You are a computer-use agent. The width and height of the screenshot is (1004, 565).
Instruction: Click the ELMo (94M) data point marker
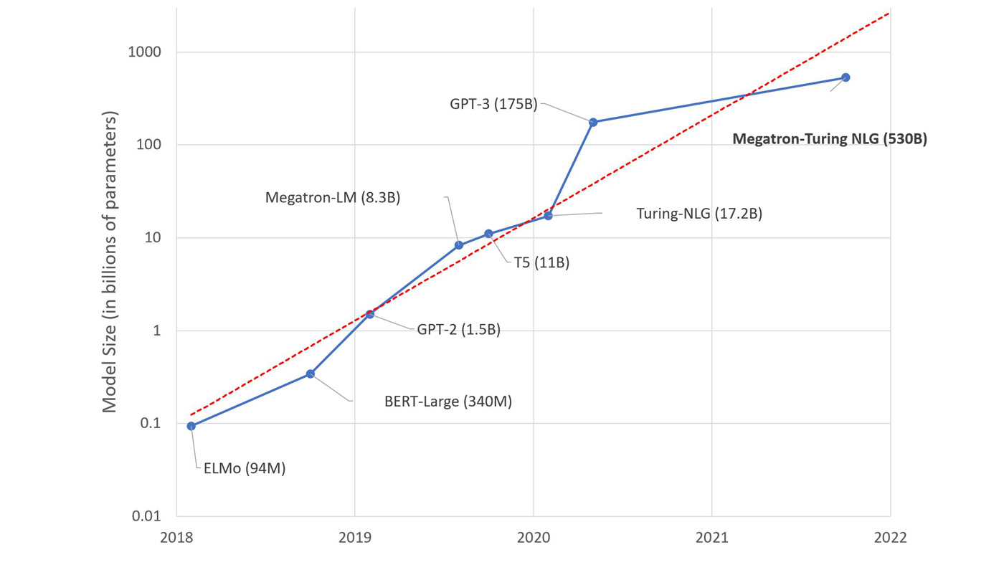pos(191,426)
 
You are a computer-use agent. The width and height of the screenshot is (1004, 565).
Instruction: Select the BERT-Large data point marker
pos(311,374)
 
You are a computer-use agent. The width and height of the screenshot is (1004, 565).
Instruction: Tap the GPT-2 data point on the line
pos(370,314)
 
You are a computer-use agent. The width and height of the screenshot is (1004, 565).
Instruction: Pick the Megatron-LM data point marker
pos(459,245)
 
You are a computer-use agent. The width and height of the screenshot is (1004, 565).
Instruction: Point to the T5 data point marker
pos(488,234)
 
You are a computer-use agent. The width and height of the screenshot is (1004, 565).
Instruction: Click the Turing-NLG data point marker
pos(549,216)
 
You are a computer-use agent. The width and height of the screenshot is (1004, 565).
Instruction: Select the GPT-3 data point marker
pos(593,122)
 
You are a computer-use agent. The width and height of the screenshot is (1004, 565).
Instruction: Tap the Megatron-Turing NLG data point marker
pos(846,77)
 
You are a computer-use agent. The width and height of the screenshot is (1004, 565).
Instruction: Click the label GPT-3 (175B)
pos(493,103)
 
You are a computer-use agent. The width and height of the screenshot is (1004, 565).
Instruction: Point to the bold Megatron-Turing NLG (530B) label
pos(830,139)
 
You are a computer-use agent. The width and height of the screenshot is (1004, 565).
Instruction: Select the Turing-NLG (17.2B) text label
pos(699,214)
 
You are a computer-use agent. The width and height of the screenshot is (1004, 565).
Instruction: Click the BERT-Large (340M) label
pos(448,402)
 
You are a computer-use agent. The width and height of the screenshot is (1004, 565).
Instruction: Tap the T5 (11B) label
pos(541,263)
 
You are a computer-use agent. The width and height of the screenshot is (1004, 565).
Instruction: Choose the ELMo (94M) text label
pos(240,469)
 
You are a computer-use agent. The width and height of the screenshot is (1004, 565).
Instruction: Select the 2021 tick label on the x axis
pos(711,538)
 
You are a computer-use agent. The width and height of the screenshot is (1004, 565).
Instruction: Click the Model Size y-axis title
pos(109,262)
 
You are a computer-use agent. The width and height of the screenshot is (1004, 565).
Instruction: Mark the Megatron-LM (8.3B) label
pos(333,197)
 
